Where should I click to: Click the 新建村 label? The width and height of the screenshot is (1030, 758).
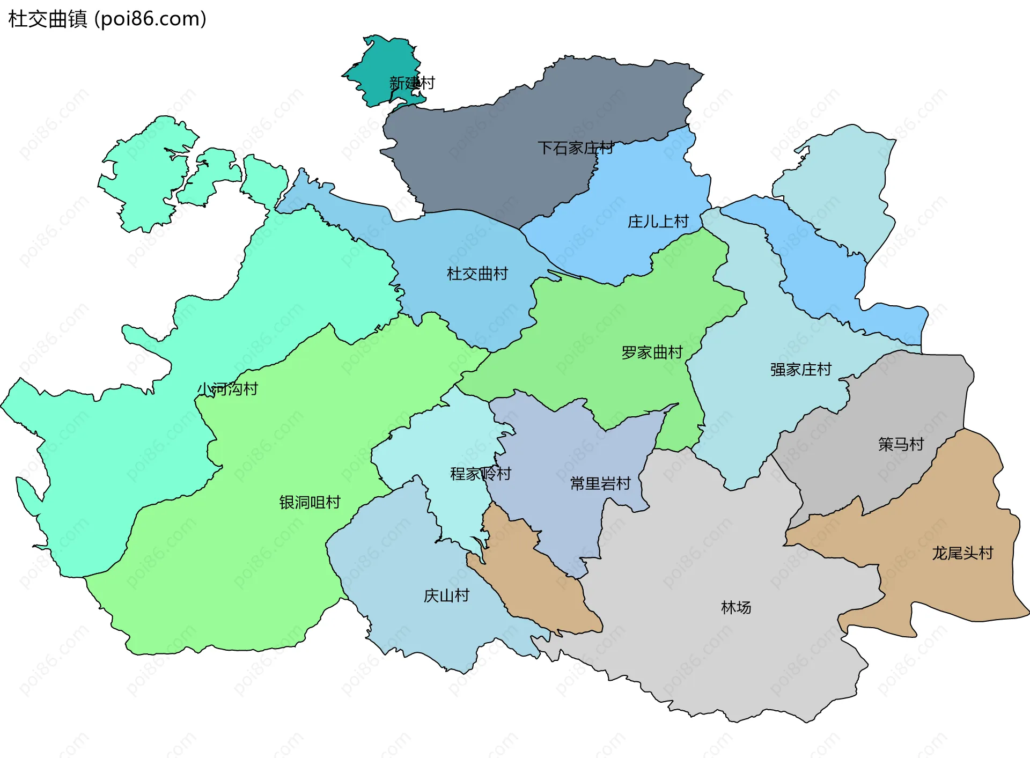(411, 83)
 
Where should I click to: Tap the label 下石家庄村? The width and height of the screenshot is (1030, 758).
(575, 148)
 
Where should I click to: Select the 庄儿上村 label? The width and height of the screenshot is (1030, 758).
(658, 221)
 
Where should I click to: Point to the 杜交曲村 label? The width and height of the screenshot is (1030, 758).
(477, 274)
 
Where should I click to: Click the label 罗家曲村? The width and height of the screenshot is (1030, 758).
(651, 352)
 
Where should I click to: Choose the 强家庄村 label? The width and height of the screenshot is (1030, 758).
(800, 370)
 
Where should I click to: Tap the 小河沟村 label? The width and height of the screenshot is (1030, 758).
(227, 389)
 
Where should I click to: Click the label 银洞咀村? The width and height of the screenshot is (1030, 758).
(310, 502)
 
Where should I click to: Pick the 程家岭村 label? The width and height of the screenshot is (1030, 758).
(480, 474)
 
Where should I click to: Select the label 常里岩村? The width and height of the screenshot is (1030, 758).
(600, 484)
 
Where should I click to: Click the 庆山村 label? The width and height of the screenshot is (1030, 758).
(446, 595)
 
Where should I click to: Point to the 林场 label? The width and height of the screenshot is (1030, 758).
(735, 607)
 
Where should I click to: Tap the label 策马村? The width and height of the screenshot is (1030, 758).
(901, 444)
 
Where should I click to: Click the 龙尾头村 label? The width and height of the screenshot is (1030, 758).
(962, 553)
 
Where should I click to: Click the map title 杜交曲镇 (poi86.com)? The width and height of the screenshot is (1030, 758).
(107, 19)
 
